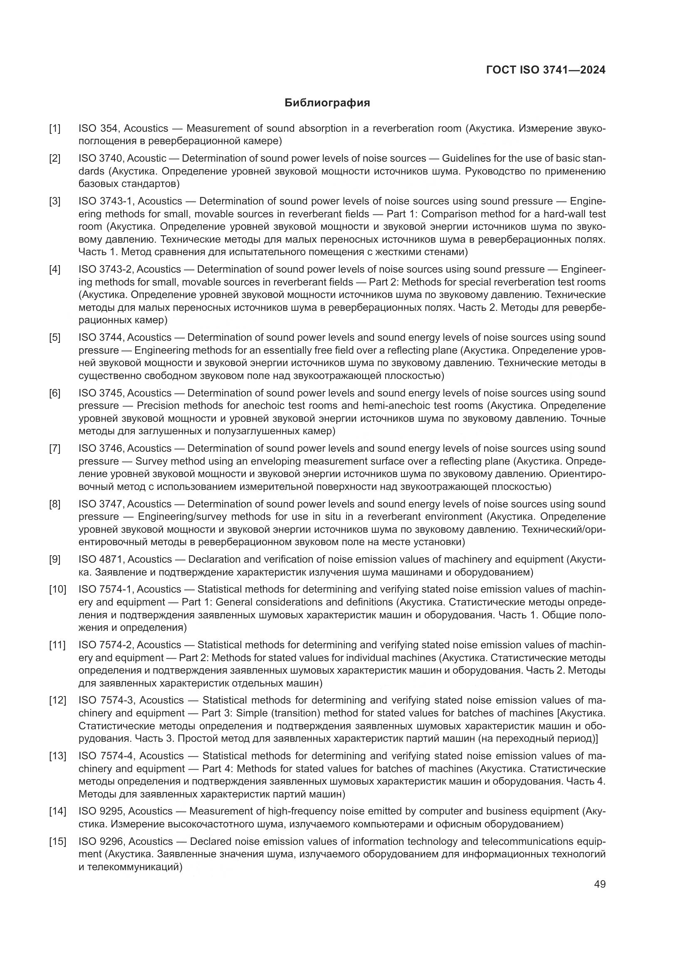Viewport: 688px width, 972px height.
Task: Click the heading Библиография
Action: [x=327, y=103]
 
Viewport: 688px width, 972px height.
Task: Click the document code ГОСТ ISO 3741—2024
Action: [x=546, y=70]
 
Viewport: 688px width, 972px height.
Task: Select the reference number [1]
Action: [x=54, y=128]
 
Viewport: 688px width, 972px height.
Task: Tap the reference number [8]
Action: [x=54, y=504]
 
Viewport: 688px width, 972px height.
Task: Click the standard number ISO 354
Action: [x=98, y=128]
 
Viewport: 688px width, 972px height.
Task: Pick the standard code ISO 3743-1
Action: [x=106, y=201]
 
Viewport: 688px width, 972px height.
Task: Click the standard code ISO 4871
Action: [x=100, y=559]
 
